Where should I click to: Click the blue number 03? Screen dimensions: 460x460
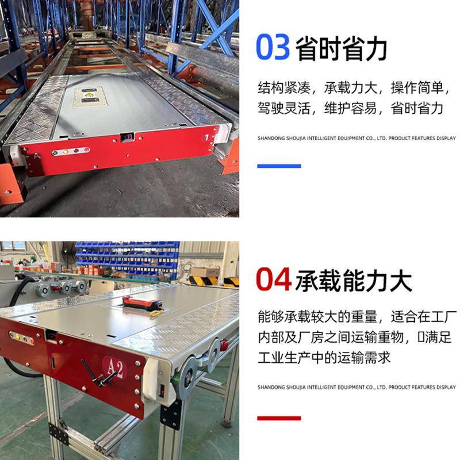[x=273, y=47]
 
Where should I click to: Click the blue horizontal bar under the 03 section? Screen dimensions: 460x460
[x=278, y=166]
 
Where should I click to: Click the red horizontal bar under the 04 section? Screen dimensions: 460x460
[x=278, y=418]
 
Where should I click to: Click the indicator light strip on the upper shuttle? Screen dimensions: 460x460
[x=70, y=151]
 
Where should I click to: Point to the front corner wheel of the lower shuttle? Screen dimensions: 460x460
[x=188, y=379]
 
